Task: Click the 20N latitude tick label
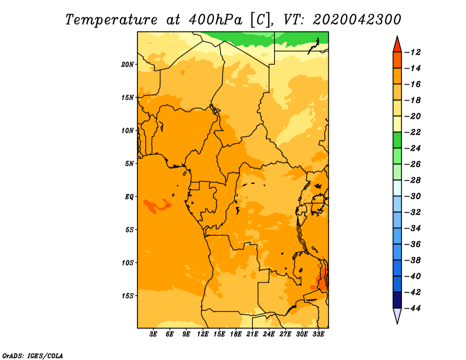pyautogui.click(x=128, y=65)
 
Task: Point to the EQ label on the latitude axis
pyautogui.click(x=129, y=197)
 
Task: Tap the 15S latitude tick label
pyautogui.click(x=128, y=296)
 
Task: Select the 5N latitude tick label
pyautogui.click(x=129, y=164)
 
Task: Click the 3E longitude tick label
pyautogui.click(x=153, y=334)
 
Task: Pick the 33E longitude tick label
pyautogui.click(x=318, y=334)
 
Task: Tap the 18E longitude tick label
pyautogui.click(x=236, y=334)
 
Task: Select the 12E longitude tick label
pyautogui.click(x=203, y=334)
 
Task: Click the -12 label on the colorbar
pyautogui.click(x=413, y=52)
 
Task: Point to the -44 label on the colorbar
pyautogui.click(x=413, y=308)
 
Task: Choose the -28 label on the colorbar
pyautogui.click(x=413, y=181)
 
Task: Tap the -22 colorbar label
pyautogui.click(x=413, y=132)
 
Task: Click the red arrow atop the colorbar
pyautogui.click(x=397, y=45)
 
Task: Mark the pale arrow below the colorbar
pyautogui.click(x=397, y=315)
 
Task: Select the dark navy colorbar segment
pyautogui.click(x=397, y=300)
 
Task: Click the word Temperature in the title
pyautogui.click(x=111, y=20)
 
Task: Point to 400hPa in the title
pyautogui.click(x=216, y=20)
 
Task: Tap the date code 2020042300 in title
pyautogui.click(x=357, y=20)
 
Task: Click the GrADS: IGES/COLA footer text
pyautogui.click(x=33, y=356)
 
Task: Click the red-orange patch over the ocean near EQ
pyautogui.click(x=157, y=206)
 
